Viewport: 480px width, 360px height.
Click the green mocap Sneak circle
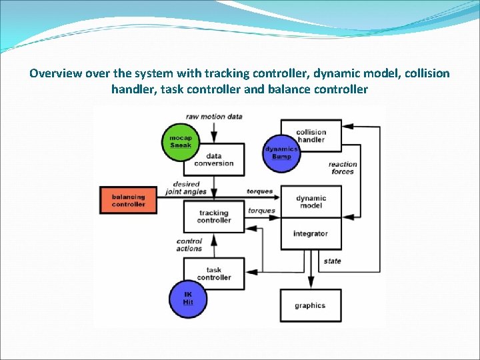pyautogui.click(x=181, y=141)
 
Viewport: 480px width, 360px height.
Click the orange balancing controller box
pyautogui.click(x=129, y=201)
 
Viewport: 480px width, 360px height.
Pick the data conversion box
pyautogui.click(x=214, y=159)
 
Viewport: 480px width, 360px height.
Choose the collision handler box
pyautogui.click(x=311, y=136)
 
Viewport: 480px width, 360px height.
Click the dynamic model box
pyautogui.click(x=311, y=201)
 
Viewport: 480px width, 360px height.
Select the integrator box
pyautogui.click(x=311, y=233)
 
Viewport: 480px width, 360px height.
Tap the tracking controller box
pyautogui.click(x=214, y=217)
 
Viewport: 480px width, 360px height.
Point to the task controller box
pyautogui.click(x=214, y=273)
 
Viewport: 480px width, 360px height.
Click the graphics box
pyautogui.click(x=310, y=305)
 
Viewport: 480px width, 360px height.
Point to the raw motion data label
pyautogui.click(x=214, y=116)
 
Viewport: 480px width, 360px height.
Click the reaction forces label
pyautogui.click(x=343, y=168)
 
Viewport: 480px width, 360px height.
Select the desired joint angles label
pyautogui.click(x=186, y=188)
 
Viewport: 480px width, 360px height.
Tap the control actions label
pyautogui.click(x=189, y=245)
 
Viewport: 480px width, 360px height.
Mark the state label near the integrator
pyautogui.click(x=332, y=261)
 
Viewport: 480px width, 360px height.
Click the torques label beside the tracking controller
pyautogui.click(x=261, y=211)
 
